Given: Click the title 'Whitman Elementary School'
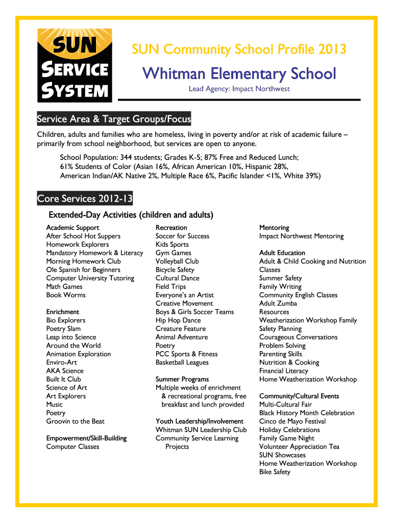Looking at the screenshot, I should pos(239,74).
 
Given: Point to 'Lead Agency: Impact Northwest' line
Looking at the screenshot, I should pos(239,89).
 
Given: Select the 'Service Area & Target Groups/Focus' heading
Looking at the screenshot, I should pos(114,120).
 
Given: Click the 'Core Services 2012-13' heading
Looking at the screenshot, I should pos(85,198).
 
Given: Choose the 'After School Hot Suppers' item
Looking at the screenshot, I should pos(83,236).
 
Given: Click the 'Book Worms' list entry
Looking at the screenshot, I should pos(66,295).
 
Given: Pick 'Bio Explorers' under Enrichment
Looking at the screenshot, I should pos(66,320).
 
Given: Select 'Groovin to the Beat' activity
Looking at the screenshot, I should pos(75,421).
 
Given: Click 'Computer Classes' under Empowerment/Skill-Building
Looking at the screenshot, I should pos(72,447).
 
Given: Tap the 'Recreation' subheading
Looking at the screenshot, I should pos(171,228).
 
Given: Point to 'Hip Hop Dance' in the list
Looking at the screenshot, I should pos(178,320).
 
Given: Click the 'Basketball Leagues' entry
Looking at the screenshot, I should pos(182,363).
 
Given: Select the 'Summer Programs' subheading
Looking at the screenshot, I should pos(182,379).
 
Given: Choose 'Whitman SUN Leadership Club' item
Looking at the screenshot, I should pos(201,430).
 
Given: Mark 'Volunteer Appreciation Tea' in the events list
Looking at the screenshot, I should pos(299,447).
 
